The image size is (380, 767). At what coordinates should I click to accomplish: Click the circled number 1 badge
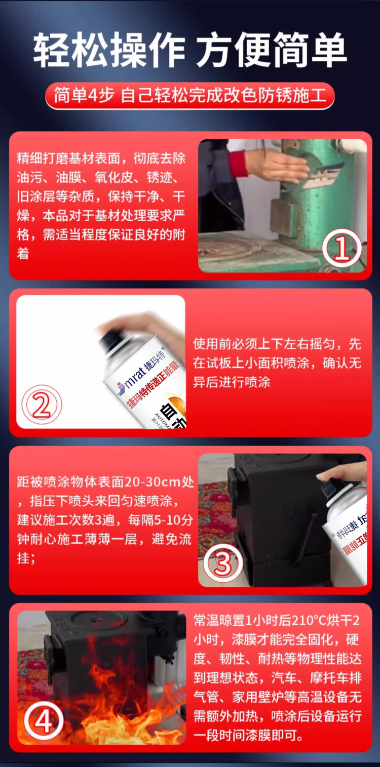click(x=341, y=249)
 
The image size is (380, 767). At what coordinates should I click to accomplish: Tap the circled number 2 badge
click(x=42, y=405)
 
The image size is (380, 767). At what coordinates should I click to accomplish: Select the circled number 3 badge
click(x=223, y=563)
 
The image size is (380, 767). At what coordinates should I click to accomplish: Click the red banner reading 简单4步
click(x=190, y=96)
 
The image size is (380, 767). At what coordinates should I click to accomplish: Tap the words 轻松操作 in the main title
click(x=109, y=50)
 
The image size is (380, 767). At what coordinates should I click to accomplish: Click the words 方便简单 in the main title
click(x=272, y=50)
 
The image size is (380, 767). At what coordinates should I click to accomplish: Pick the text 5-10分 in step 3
click(x=173, y=520)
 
